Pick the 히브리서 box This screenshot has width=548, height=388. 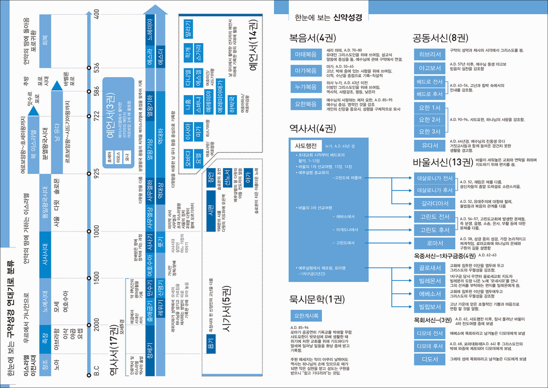(x=430, y=54)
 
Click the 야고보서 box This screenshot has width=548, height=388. (x=430, y=68)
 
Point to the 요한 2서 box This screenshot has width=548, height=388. (x=430, y=119)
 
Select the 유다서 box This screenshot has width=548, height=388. (x=430, y=146)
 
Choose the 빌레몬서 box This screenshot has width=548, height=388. (x=430, y=281)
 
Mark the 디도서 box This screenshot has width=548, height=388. (x=430, y=359)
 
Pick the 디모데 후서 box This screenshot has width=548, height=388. (x=430, y=346)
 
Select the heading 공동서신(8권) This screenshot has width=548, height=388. (x=439, y=38)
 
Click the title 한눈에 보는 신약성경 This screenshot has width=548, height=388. (x=328, y=17)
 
